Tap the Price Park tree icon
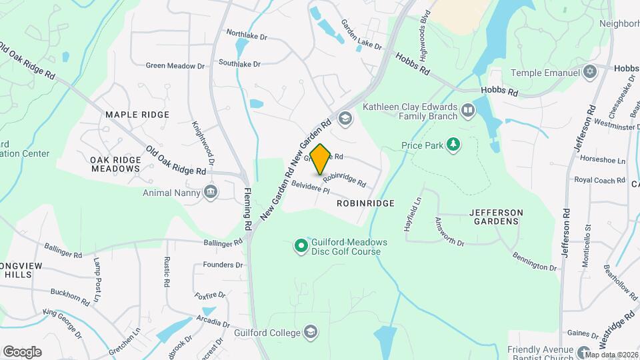453,144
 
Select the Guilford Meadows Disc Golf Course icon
301,247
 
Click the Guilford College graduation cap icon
310,331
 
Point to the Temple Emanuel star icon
589,72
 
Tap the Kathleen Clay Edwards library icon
469,111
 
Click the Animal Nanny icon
211,193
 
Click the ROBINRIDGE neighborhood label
365,203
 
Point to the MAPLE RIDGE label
137,115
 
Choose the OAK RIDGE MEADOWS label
115,164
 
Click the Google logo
22,351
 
